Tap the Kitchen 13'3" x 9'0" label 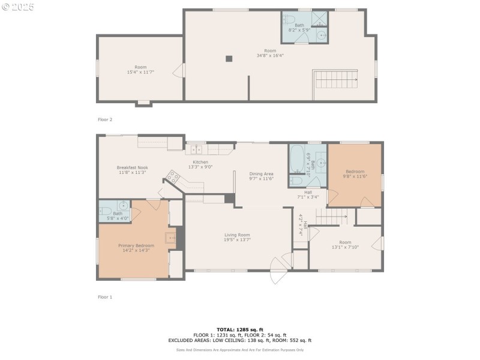pyautogui.click(x=200, y=164)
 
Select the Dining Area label pyautogui.click(x=261, y=176)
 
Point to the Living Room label pyautogui.click(x=237, y=237)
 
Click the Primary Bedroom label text pyautogui.click(x=136, y=248)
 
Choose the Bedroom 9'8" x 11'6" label pyautogui.click(x=354, y=173)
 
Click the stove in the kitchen pyautogui.click(x=173, y=176)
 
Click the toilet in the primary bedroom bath pyautogui.click(x=104, y=211)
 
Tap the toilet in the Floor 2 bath pyautogui.click(x=289, y=19)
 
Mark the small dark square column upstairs pyautogui.click(x=229, y=58)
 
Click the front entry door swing pyautogui.click(x=277, y=270)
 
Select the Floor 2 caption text pyautogui.click(x=105, y=119)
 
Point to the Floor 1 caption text pyautogui.click(x=105, y=297)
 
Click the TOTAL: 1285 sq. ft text pyautogui.click(x=240, y=329)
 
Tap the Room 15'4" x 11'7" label pyautogui.click(x=140, y=70)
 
